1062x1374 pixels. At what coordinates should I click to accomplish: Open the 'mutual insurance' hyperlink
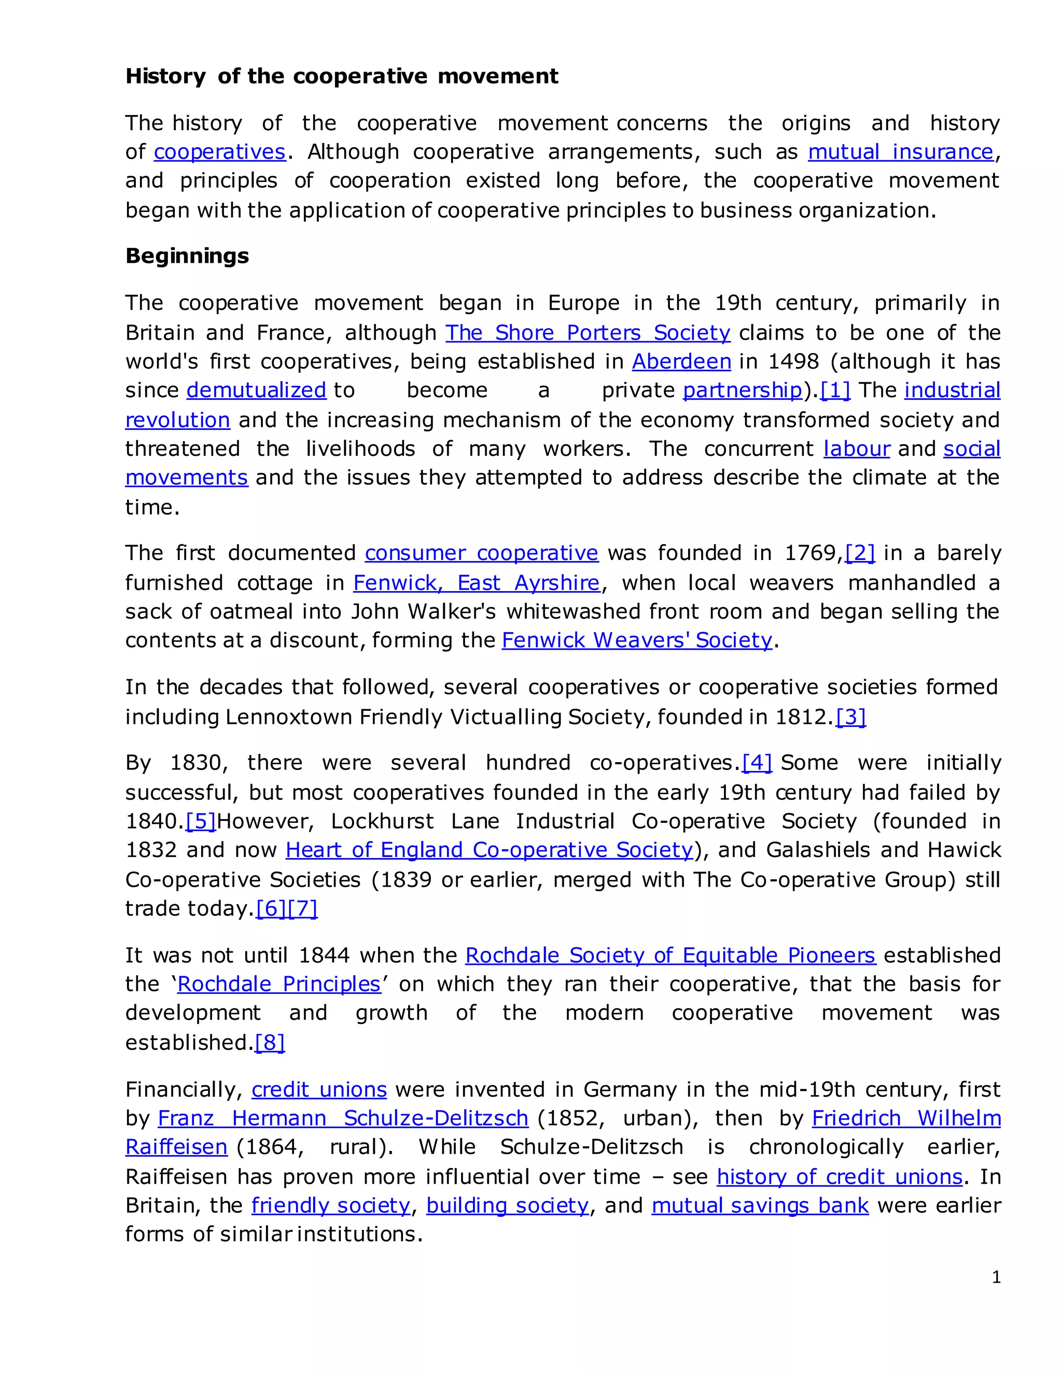(x=900, y=152)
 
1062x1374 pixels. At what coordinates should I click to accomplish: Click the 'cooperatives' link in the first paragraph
(x=219, y=152)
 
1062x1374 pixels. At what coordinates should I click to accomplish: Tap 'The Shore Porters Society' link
(x=588, y=333)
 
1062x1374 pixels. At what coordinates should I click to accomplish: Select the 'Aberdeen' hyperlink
(x=681, y=362)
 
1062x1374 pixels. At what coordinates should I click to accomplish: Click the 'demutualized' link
(x=256, y=391)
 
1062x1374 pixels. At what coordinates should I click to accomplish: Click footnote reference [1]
(x=835, y=391)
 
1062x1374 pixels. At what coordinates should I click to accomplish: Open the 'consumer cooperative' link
(x=481, y=553)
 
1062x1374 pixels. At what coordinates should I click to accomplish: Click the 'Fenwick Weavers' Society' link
(x=636, y=640)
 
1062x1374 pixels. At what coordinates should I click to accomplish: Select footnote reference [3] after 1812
(x=850, y=717)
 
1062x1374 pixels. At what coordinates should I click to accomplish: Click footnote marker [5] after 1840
(x=201, y=822)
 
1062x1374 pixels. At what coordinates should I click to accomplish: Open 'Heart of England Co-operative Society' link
(x=489, y=850)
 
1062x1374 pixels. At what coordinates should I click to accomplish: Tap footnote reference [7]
(x=303, y=908)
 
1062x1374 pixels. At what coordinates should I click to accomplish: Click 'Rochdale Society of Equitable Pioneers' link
(x=670, y=956)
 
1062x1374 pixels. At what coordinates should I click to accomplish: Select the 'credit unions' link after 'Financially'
(x=319, y=1090)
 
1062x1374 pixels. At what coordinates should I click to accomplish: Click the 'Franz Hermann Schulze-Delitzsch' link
(x=343, y=1118)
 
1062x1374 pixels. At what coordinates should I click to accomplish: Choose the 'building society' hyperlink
(x=507, y=1205)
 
